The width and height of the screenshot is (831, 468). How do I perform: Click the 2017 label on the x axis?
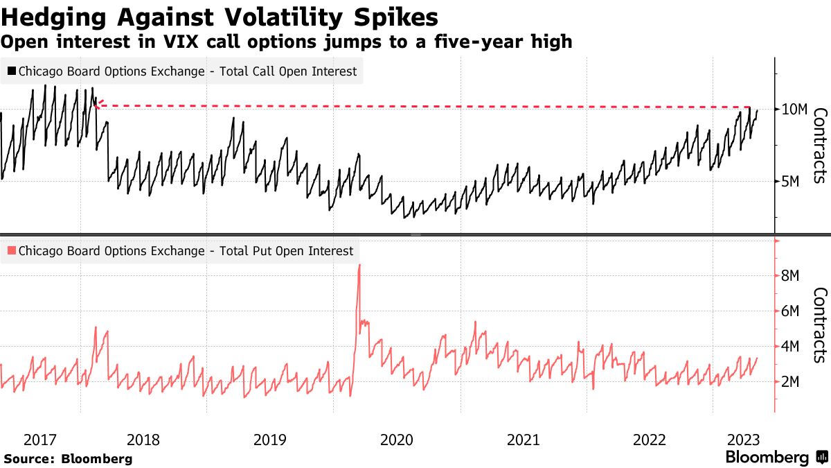[39, 440]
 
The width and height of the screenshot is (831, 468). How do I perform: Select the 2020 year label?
[397, 440]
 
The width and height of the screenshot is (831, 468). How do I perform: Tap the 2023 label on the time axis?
[742, 440]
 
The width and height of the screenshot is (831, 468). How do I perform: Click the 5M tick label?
[790, 181]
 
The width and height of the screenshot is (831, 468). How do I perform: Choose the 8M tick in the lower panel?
[790, 276]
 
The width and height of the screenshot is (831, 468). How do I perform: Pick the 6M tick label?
[790, 311]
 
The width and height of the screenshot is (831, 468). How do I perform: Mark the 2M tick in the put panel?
[790, 382]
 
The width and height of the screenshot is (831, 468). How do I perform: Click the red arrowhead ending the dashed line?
[98, 104]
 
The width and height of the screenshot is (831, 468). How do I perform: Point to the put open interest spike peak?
[359, 265]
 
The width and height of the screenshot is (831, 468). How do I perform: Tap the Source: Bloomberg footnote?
[68, 458]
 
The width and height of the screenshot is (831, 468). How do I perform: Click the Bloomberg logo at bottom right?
[776, 458]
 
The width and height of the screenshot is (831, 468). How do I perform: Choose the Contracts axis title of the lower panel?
[820, 324]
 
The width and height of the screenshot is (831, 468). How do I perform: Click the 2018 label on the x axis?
[143, 440]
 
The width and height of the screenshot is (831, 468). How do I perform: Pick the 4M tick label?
[790, 347]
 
